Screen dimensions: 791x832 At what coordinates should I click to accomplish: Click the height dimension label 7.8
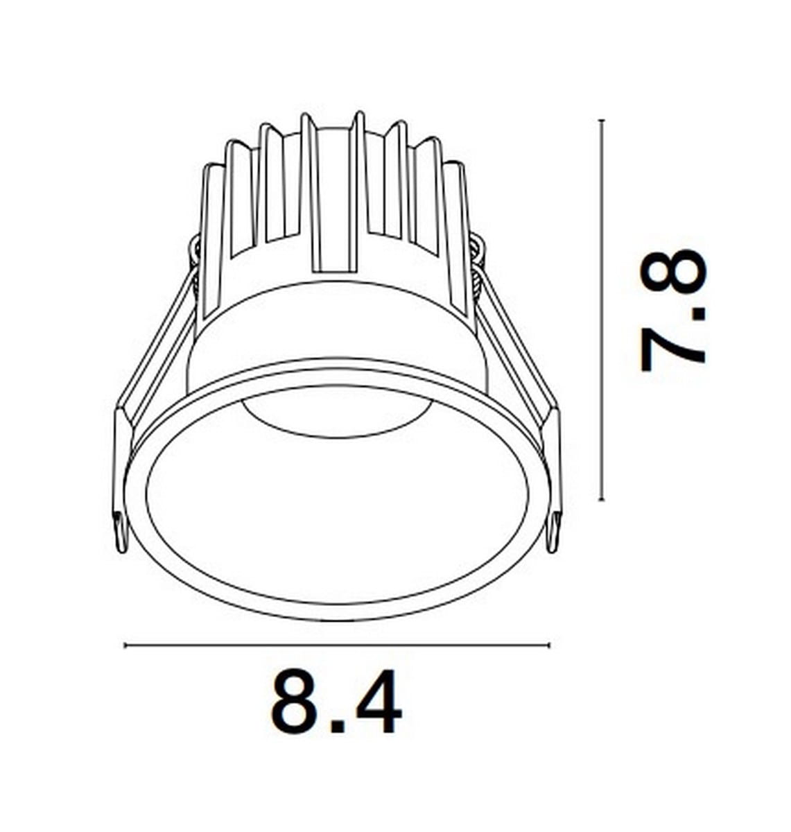(x=672, y=311)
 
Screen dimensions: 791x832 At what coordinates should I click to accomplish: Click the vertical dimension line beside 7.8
(x=602, y=310)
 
